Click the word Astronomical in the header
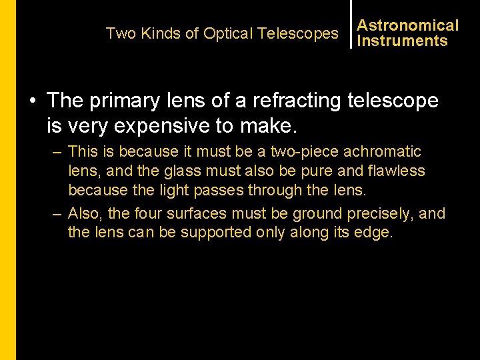tap(408, 25)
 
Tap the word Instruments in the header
tap(402, 41)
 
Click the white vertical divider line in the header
tap(351, 24)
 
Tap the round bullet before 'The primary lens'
tap(32, 101)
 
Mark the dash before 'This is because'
tap(58, 152)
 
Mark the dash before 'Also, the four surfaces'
tap(58, 214)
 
